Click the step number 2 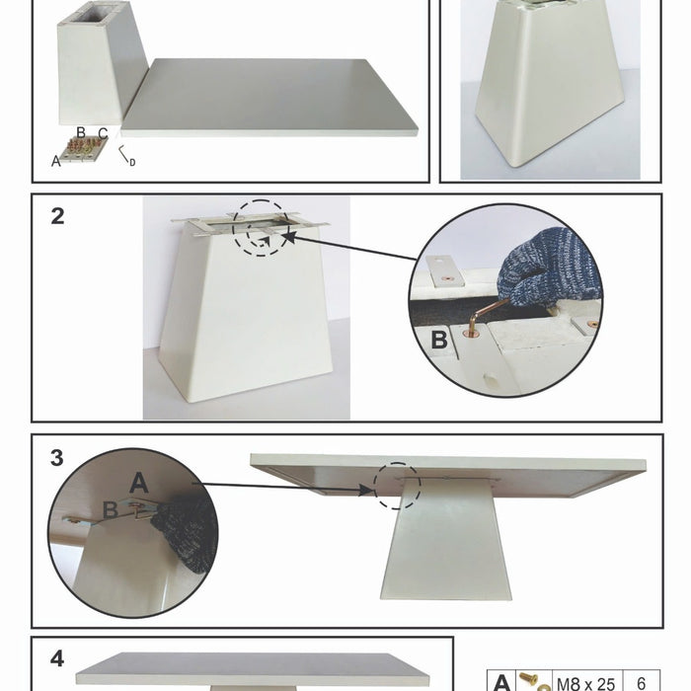pyautogui.click(x=57, y=216)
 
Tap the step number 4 pyautogui.click(x=57, y=658)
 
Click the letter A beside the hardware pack pyautogui.click(x=55, y=162)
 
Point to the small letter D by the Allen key pyautogui.click(x=132, y=162)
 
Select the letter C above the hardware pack pyautogui.click(x=103, y=133)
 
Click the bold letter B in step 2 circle pyautogui.click(x=439, y=342)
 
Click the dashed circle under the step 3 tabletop pyautogui.click(x=397, y=486)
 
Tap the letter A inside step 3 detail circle pyautogui.click(x=138, y=482)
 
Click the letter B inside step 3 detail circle pyautogui.click(x=111, y=509)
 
